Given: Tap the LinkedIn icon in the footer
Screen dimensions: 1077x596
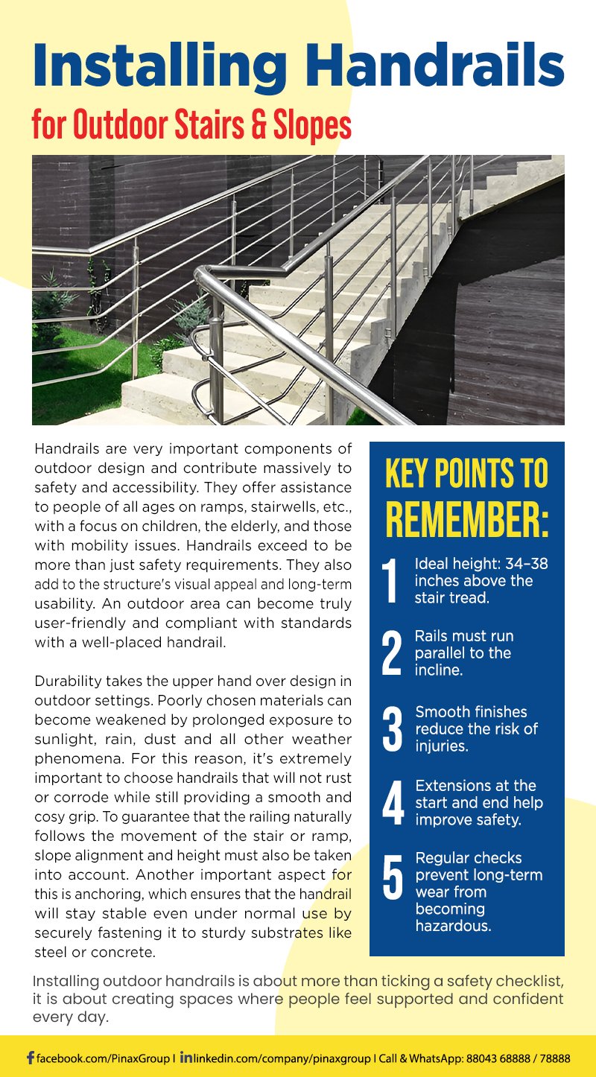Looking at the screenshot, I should click(x=186, y=1058).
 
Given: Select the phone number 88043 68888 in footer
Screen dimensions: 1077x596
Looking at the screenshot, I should click(x=501, y=1058).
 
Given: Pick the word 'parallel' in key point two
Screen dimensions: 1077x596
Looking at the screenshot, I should click(x=440, y=653).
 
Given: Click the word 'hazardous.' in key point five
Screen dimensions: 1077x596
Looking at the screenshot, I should click(x=453, y=926).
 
